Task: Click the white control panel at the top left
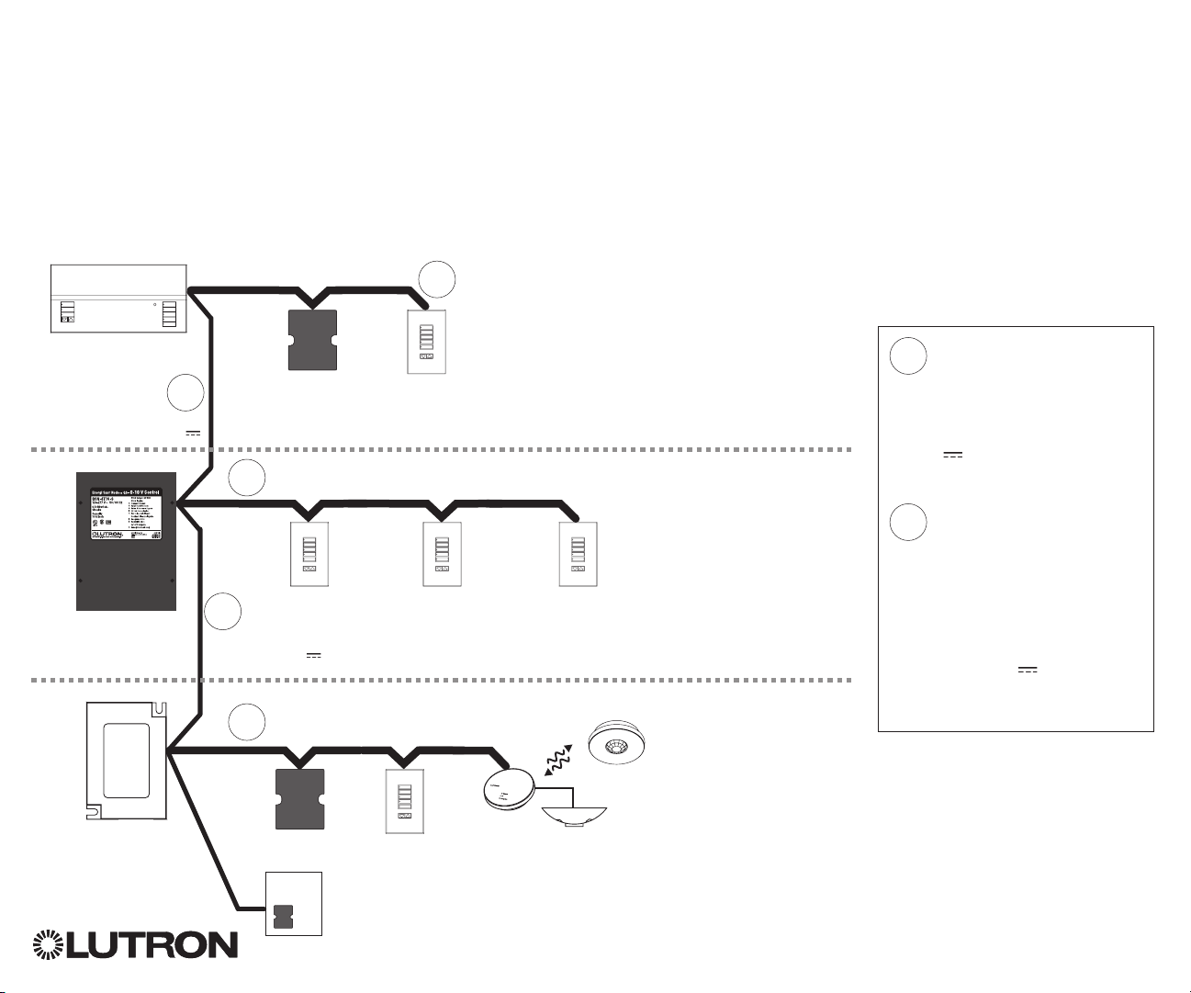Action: point(118,299)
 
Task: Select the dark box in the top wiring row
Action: point(312,340)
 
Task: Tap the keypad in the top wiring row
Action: point(426,341)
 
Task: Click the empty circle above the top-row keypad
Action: point(437,279)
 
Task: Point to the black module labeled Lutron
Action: point(126,542)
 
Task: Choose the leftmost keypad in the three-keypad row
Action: point(309,554)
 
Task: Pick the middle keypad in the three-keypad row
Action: point(441,554)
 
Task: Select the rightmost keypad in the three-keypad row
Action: point(579,554)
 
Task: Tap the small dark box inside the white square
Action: point(284,916)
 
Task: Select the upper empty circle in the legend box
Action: point(907,356)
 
